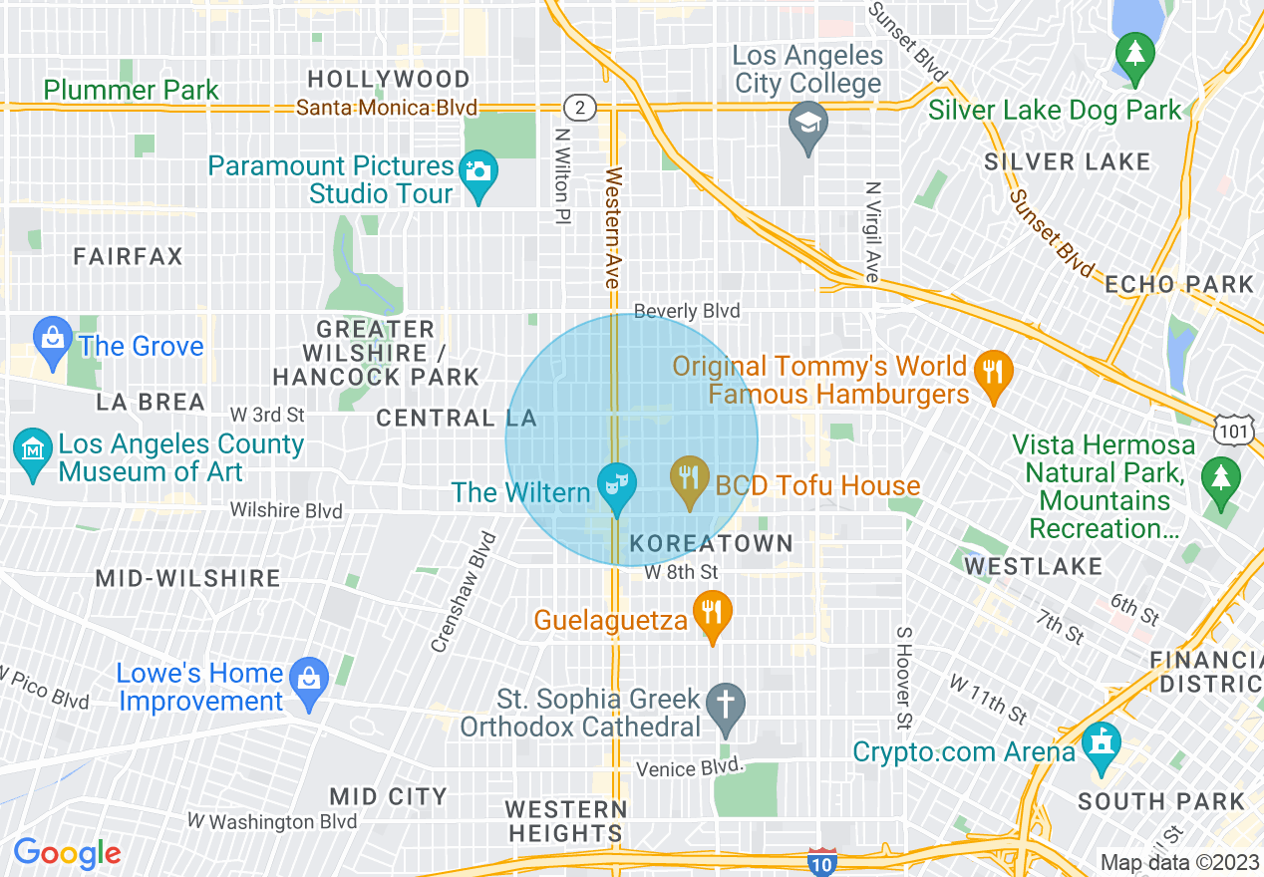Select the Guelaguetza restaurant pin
(x=712, y=613)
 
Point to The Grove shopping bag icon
(x=52, y=339)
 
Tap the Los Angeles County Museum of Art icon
(x=34, y=451)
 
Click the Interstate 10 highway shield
(x=821, y=864)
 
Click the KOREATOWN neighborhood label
(x=712, y=543)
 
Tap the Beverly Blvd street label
(x=687, y=311)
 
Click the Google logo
(x=67, y=853)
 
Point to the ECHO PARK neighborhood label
(x=1179, y=284)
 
